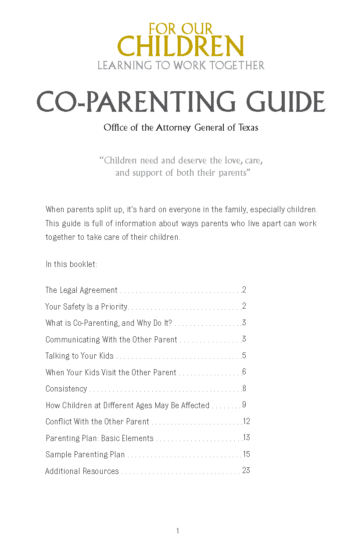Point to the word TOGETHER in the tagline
click(237, 66)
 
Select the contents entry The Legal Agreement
click(82, 290)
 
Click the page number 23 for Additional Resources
click(246, 471)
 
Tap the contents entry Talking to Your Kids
click(79, 356)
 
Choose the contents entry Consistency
click(66, 389)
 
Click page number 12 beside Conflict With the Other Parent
click(246, 421)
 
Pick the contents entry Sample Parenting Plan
click(85, 455)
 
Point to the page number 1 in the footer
click(178, 531)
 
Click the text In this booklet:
click(71, 265)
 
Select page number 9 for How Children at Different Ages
click(244, 405)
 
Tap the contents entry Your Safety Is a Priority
click(86, 307)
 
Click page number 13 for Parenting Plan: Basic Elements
click(246, 438)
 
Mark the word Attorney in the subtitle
click(175, 128)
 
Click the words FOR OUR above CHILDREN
click(180, 29)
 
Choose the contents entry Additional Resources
click(82, 471)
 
